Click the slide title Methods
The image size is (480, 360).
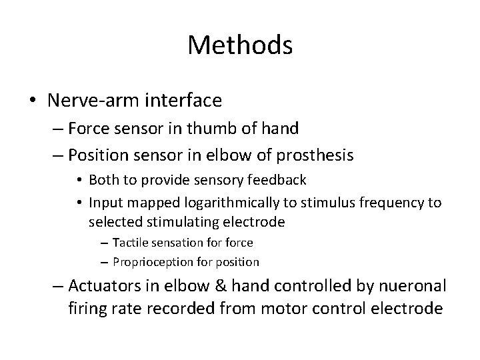[x=240, y=45]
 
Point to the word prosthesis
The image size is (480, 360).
[x=313, y=155]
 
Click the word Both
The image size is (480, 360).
[x=103, y=180]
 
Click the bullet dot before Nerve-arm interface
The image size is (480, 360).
[x=33, y=101]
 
